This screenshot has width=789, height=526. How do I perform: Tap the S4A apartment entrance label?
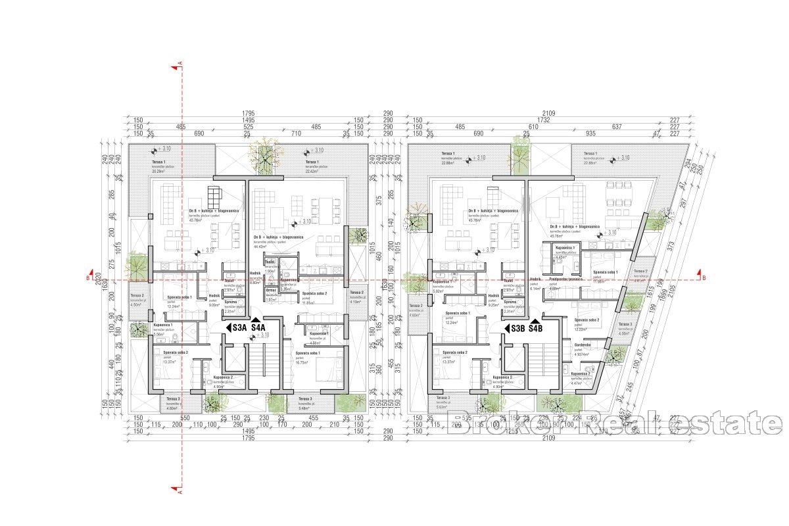258,327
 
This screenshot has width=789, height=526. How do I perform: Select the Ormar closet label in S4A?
270,290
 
